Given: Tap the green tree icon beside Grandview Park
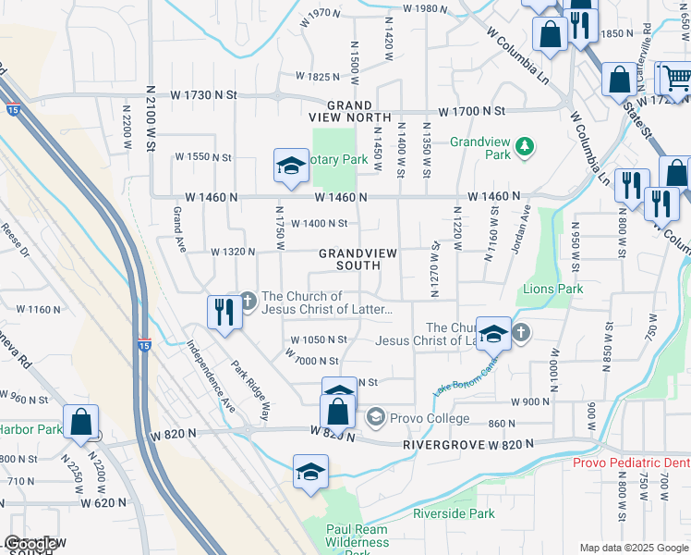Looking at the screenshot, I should [x=525, y=146].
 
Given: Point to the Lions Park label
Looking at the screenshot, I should [x=552, y=290].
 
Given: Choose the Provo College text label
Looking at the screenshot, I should [x=430, y=419].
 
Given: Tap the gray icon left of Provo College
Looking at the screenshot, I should [x=375, y=419].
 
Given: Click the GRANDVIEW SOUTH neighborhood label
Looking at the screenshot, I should [x=349, y=259].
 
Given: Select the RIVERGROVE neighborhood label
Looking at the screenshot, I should [x=438, y=445].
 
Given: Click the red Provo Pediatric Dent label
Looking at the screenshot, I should [x=631, y=462].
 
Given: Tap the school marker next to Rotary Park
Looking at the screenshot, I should [x=291, y=166].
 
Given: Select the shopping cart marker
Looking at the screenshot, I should [x=676, y=79].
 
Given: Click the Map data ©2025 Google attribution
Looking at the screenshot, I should [x=634, y=548].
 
